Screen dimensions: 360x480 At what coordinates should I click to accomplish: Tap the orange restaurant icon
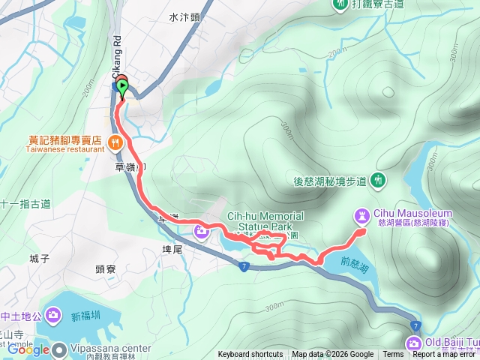tap(114, 140)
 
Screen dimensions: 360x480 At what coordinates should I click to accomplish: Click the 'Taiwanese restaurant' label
tap(66, 149)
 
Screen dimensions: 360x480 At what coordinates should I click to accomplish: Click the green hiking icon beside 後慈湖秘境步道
tap(379, 179)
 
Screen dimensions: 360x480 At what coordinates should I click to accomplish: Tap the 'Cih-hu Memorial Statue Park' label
tap(265, 221)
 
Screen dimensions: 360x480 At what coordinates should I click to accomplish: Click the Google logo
tap(28, 349)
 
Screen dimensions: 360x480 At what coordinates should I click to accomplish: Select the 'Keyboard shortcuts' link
tap(250, 355)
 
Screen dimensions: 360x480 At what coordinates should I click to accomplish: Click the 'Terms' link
tap(393, 355)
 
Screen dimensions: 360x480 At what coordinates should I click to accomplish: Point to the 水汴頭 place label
tap(184, 16)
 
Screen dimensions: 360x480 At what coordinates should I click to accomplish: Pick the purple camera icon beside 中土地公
tap(52, 313)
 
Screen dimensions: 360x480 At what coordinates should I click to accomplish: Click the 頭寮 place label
tap(105, 268)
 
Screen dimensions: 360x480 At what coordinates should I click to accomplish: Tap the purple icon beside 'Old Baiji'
tap(413, 343)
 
